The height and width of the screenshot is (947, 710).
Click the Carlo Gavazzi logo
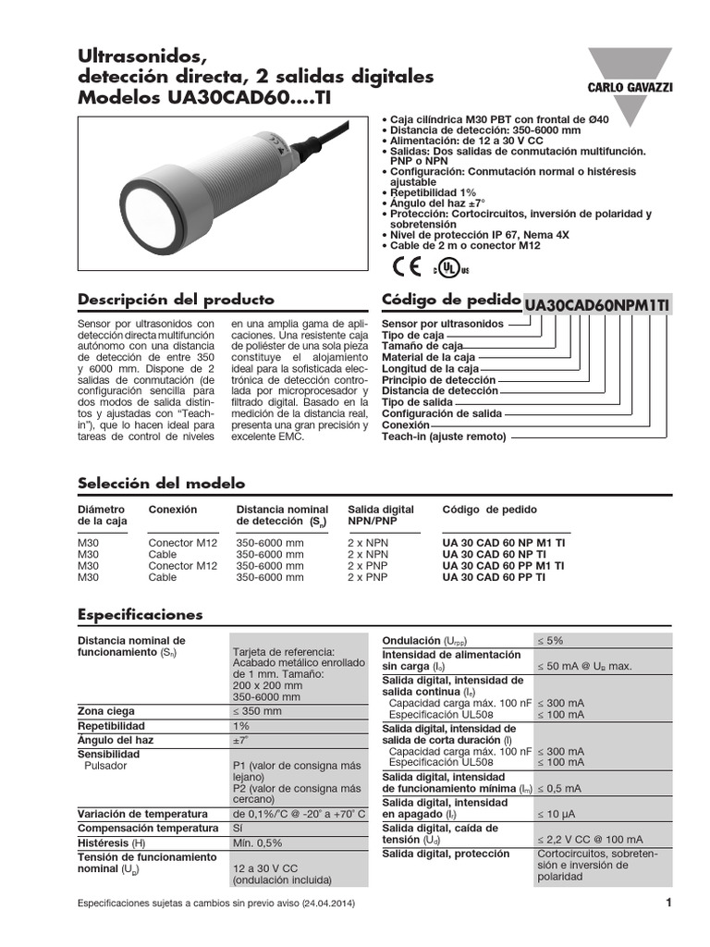(624, 85)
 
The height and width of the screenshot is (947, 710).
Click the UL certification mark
(451, 268)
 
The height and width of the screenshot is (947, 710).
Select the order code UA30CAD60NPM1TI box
(598, 304)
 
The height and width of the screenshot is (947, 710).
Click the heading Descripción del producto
(176, 300)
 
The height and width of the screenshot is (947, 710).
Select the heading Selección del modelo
(161, 483)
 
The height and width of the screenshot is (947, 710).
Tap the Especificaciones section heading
(140, 614)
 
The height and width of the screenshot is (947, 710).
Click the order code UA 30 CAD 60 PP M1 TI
(503, 565)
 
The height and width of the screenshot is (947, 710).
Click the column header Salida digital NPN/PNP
(380, 515)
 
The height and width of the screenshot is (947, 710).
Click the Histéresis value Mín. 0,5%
(257, 843)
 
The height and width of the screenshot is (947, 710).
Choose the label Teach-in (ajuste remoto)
(444, 437)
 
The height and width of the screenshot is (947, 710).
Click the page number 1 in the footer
(667, 902)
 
